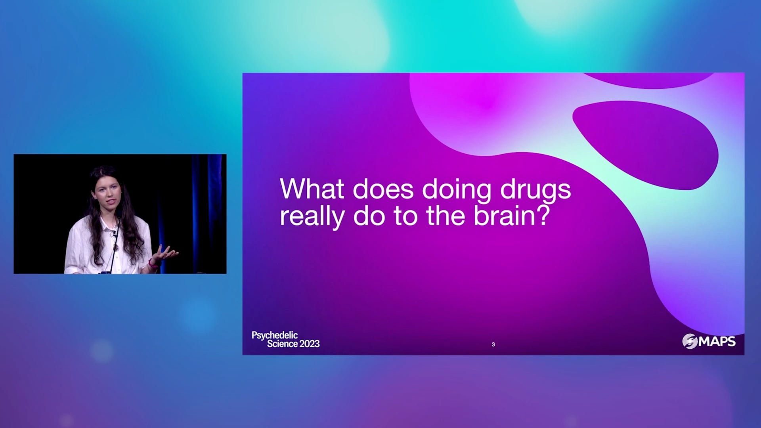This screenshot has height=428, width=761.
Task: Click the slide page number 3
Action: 493,344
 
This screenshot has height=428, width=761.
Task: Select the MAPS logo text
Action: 717,342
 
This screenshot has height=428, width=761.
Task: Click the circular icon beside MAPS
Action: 690,341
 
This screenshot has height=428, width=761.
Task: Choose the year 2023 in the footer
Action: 310,344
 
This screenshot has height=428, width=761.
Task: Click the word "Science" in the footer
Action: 282,344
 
